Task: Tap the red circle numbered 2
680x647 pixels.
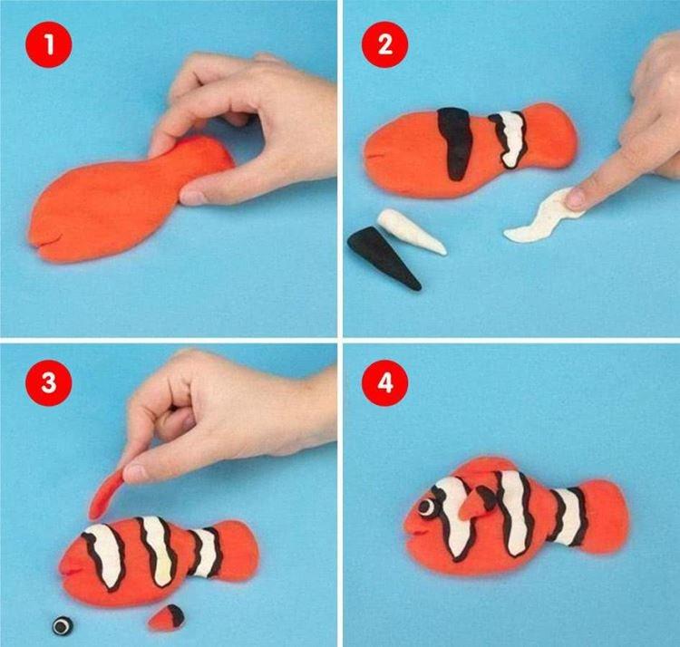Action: [x=384, y=45]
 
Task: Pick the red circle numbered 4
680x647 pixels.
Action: [x=384, y=381]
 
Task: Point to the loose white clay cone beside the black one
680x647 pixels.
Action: [x=412, y=230]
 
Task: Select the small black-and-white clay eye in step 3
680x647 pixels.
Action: [x=61, y=625]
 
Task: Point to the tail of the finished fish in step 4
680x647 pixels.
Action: [x=607, y=513]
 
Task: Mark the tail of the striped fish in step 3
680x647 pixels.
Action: [x=241, y=548]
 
